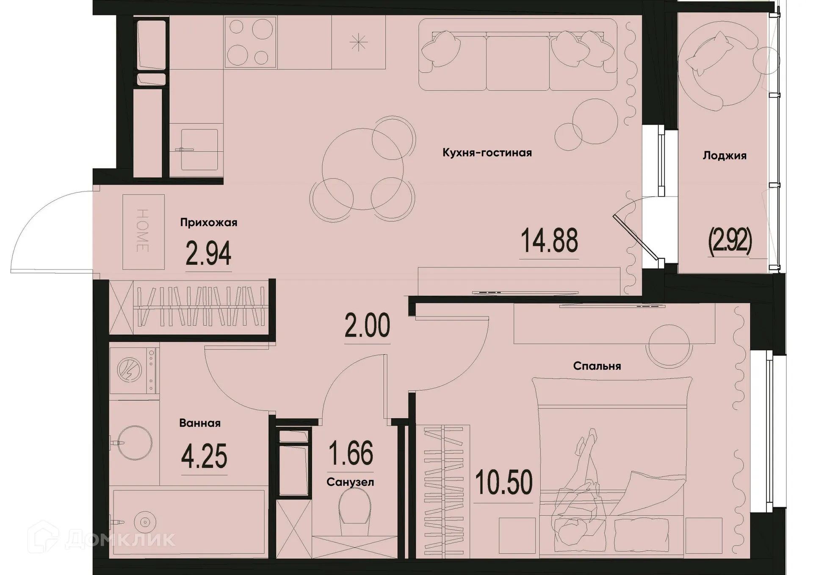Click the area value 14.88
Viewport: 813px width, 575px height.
coord(549,241)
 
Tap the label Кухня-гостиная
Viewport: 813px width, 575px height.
coord(487,153)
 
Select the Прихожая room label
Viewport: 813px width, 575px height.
coord(208,222)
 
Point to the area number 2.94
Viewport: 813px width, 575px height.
coord(208,254)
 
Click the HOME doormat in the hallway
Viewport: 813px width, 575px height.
coord(143,231)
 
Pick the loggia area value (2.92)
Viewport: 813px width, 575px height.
coord(730,241)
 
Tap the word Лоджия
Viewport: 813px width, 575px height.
coord(724,156)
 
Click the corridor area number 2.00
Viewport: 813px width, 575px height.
coord(367,326)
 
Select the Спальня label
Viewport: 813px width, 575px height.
coord(597,366)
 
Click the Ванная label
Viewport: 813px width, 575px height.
coord(200,423)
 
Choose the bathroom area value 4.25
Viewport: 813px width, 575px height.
coord(204,456)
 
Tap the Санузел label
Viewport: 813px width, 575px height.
coord(350,482)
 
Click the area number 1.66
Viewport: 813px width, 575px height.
coord(351,453)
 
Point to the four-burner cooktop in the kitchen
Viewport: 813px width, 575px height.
coord(250,42)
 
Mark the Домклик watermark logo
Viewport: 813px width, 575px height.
coord(102,539)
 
